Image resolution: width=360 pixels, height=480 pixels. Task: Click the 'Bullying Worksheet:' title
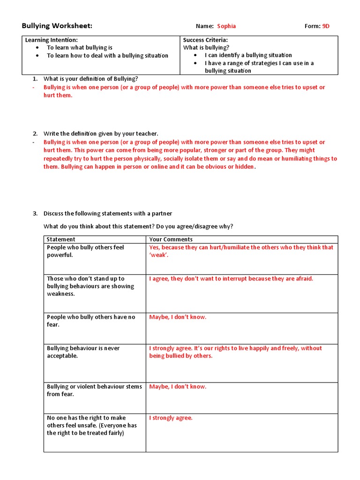point(57,26)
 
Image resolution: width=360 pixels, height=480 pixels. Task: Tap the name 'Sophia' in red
point(226,26)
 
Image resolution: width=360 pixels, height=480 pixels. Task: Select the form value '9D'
point(325,26)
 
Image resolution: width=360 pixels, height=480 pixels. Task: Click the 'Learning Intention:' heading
point(51,40)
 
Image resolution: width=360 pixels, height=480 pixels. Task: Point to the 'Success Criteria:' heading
point(205,40)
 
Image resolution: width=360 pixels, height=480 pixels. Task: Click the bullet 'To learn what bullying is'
point(79,48)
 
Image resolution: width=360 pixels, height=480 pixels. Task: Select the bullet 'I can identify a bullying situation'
point(248,55)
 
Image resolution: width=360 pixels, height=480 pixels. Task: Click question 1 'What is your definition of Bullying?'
point(90,79)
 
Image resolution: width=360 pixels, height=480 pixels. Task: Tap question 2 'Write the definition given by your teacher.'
point(101,134)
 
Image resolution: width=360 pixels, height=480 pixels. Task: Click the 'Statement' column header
point(61,240)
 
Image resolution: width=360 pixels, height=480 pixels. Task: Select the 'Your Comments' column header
point(171,240)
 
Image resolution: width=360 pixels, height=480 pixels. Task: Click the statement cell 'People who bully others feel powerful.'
point(85,251)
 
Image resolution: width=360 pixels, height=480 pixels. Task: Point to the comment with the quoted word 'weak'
point(241,251)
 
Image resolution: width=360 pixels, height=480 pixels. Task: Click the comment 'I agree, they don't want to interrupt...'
point(231,279)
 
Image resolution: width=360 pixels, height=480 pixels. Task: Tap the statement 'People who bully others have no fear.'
point(90,321)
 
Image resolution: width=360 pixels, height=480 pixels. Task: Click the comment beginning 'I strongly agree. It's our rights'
point(235,352)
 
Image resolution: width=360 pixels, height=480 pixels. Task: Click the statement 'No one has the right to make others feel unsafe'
point(91,425)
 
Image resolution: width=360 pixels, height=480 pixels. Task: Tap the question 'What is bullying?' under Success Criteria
point(206,48)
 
